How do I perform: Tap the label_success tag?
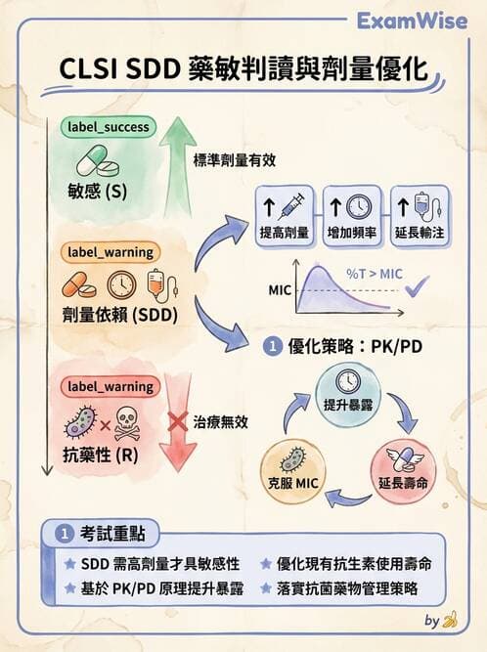click(109, 127)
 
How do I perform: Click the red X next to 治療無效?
click(178, 423)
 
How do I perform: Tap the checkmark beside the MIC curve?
click(420, 285)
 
